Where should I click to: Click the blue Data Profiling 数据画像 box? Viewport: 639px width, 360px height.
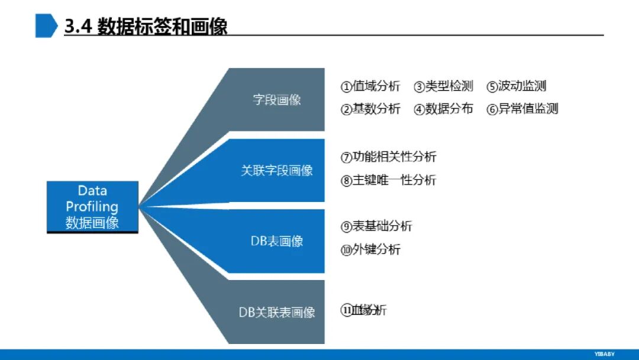(92, 207)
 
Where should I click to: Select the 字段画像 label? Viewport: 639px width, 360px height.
(277, 99)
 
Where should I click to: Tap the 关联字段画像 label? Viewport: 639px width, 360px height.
(277, 171)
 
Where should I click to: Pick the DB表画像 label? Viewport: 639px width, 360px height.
(277, 241)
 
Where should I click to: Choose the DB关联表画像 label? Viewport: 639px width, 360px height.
(277, 312)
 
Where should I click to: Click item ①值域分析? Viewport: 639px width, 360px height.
(370, 86)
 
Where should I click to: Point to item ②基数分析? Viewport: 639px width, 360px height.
(370, 109)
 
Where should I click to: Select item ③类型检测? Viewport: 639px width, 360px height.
(444, 86)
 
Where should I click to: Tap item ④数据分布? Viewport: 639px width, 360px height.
(444, 109)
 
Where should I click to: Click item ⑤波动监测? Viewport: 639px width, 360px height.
(517, 86)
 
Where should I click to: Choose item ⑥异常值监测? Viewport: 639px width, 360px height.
(522, 109)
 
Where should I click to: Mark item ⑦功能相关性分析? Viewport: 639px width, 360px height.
(389, 157)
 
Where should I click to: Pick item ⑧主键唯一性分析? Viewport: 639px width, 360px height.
(389, 181)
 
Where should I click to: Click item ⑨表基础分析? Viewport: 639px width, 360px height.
(376, 226)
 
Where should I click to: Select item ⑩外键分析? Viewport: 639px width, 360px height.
(370, 249)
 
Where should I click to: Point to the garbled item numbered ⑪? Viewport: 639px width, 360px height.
(364, 310)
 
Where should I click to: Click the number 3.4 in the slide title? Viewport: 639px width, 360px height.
(78, 27)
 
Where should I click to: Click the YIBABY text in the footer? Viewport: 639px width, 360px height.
(604, 353)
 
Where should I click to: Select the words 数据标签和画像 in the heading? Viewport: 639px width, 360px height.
(162, 27)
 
